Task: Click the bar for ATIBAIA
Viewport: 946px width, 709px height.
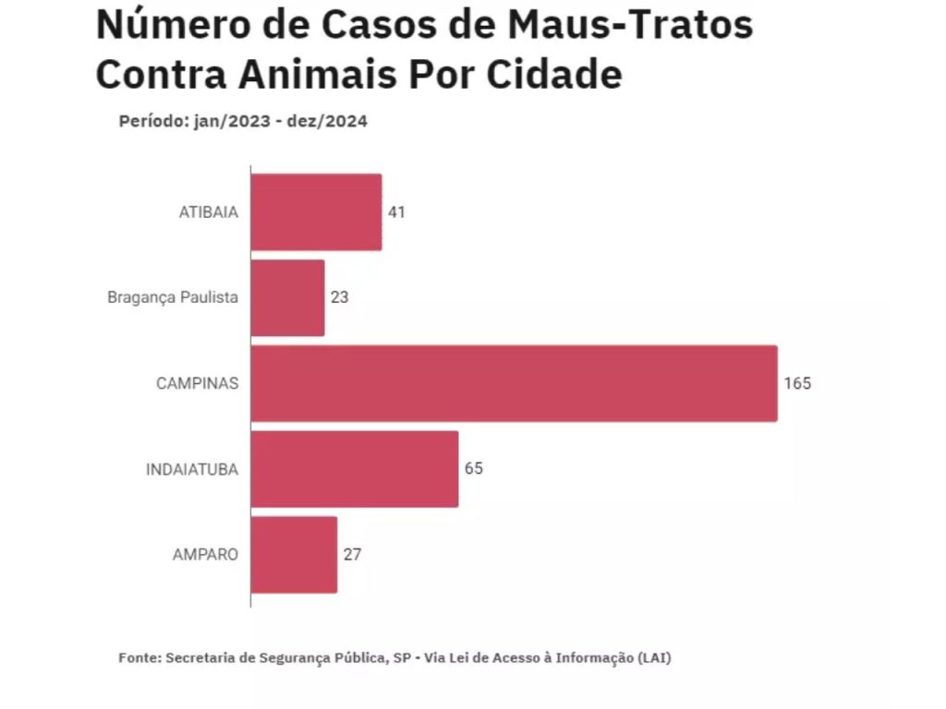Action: [316, 211]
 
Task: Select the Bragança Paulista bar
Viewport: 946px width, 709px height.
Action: [287, 297]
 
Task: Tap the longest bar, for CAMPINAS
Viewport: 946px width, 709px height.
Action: [514, 383]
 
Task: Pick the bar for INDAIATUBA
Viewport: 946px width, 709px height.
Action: [354, 469]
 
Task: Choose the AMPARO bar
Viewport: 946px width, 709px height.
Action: [294, 555]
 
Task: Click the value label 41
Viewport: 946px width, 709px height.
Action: [396, 212]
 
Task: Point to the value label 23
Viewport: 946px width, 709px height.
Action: [339, 298]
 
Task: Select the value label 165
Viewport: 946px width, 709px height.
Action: [797, 383]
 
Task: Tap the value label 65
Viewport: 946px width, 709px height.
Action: [473, 469]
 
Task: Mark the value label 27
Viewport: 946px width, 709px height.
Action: [352, 555]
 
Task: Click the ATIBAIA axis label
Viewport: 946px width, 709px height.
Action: [208, 212]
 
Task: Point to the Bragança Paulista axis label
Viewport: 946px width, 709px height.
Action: [173, 298]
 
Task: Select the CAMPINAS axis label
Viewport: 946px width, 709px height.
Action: [197, 383]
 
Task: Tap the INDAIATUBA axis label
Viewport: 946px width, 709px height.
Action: [191, 469]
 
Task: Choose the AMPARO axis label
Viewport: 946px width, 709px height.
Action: [205, 555]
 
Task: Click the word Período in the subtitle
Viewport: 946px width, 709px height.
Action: [152, 121]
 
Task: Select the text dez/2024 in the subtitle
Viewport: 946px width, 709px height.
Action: [332, 121]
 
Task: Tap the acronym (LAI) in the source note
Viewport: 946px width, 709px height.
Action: [654, 658]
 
